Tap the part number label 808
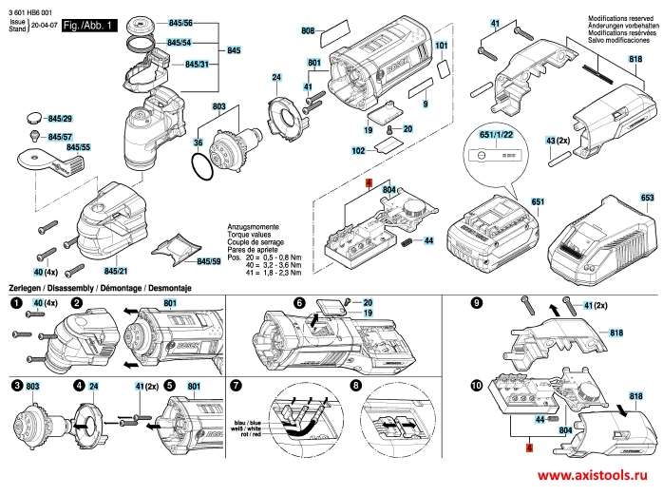(308, 31)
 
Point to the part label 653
(647, 198)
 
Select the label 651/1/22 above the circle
(501, 136)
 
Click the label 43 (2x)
(558, 140)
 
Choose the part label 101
(441, 46)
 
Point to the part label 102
(358, 151)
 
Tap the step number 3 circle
(17, 386)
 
